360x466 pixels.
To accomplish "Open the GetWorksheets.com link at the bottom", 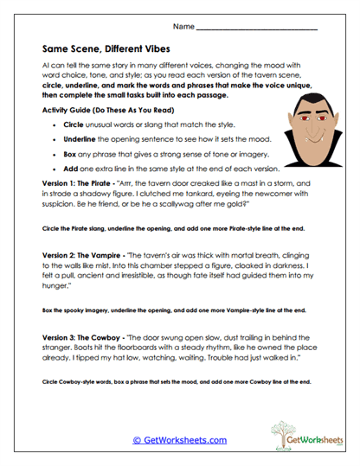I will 179,440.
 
